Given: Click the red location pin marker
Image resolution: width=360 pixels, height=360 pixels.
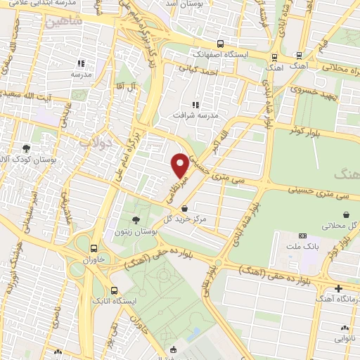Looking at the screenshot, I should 180,165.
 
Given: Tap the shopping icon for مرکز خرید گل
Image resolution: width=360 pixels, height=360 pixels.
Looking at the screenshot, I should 184,208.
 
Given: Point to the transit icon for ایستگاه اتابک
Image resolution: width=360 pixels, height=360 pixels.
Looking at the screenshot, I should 115,290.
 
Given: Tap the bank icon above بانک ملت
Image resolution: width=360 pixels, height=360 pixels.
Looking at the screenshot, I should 303,236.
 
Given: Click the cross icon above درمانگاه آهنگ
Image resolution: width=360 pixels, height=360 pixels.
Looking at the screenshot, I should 339,288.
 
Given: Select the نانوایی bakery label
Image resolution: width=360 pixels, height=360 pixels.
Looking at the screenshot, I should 345,337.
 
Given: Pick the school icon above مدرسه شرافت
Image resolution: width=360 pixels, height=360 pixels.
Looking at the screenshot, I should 195,105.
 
